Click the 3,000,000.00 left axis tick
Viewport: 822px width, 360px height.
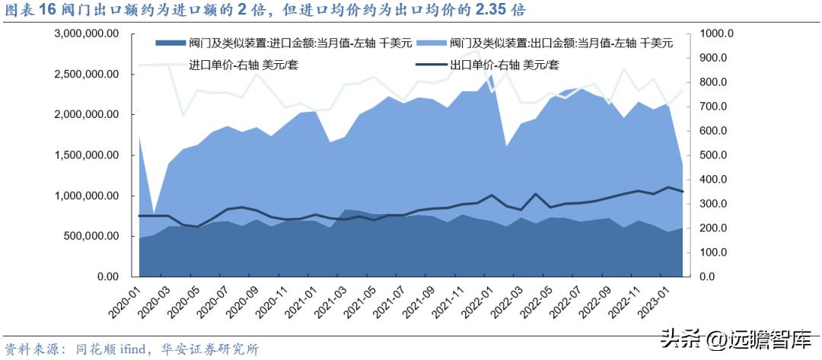[87, 34]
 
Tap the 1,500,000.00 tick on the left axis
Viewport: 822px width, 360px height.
[87, 155]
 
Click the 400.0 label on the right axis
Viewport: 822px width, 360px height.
[713, 180]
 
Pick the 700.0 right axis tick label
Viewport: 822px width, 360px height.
[713, 107]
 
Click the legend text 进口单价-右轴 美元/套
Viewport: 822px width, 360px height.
[244, 65]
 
